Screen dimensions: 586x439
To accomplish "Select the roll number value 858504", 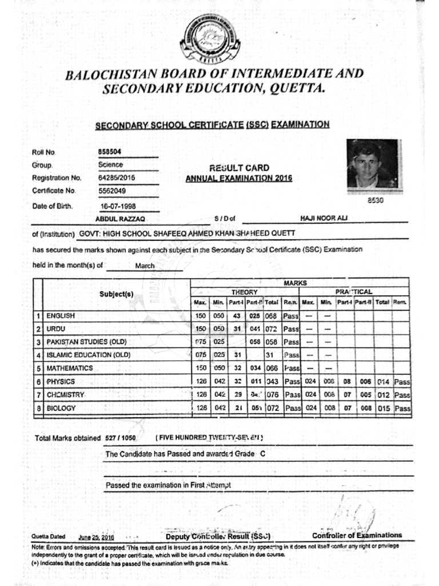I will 110,152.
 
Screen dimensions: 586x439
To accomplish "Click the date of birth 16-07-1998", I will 118,206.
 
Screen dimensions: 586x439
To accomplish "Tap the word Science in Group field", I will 110,165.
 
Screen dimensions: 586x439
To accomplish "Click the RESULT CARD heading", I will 239,168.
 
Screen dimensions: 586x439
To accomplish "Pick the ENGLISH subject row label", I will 61,315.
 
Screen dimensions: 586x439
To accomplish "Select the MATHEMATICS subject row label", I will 70,368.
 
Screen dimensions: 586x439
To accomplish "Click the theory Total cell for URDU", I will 271,329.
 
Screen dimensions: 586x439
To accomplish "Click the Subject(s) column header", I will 117,294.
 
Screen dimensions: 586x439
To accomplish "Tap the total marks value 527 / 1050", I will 121,438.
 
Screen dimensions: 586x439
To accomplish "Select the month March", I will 145,266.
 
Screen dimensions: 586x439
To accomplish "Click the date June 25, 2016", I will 97,537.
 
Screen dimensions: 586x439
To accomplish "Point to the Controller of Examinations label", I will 357,536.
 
